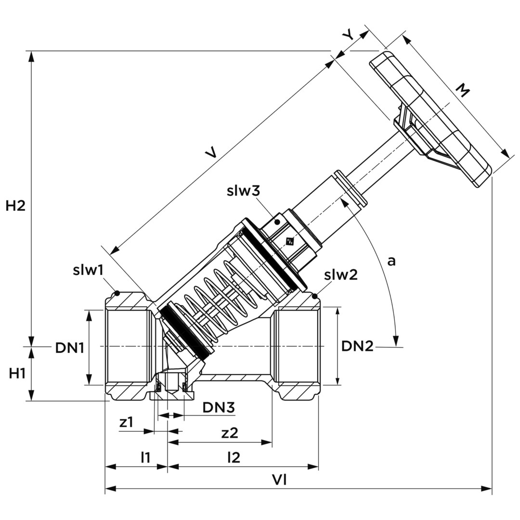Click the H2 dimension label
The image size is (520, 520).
pyautogui.click(x=15, y=206)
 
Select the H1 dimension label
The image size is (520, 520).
pyautogui.click(x=17, y=373)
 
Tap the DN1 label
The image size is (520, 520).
pyautogui.click(x=70, y=348)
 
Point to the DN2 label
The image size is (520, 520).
pyautogui.click(x=357, y=346)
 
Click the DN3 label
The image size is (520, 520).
pyautogui.click(x=218, y=408)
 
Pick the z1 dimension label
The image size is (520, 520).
pyautogui.click(x=126, y=422)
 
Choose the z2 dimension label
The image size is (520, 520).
pyautogui.click(x=230, y=433)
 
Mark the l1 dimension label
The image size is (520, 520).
pyautogui.click(x=145, y=457)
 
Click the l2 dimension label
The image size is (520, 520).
pyautogui.click(x=234, y=457)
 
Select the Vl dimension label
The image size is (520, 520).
pyautogui.click(x=279, y=480)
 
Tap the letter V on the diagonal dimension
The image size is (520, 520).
pyautogui.click(x=211, y=153)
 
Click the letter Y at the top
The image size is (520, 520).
pyautogui.click(x=348, y=35)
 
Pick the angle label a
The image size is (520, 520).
pyautogui.click(x=391, y=261)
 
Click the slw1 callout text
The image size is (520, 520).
pyautogui.click(x=88, y=270)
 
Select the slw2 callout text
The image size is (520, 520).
pyautogui.click(x=341, y=275)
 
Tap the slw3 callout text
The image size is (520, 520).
pyautogui.click(x=243, y=191)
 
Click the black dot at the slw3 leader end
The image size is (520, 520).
pyautogui.click(x=277, y=222)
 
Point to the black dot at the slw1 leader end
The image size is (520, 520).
pyautogui.click(x=117, y=293)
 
